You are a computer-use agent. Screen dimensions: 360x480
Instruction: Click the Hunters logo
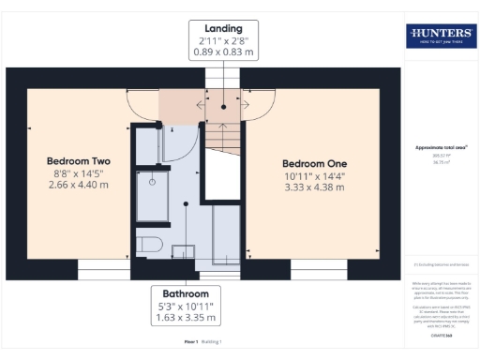click(441, 36)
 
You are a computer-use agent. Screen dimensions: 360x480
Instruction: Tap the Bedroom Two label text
click(78, 160)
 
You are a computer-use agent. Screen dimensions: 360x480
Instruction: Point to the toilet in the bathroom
click(149, 245)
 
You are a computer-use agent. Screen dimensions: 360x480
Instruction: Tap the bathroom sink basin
click(184, 248)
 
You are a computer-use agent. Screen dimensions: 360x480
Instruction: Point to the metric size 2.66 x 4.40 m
click(78, 185)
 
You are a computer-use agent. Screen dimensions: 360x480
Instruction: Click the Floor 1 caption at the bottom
click(190, 342)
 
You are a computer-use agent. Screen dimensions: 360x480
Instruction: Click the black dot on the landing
click(223, 107)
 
